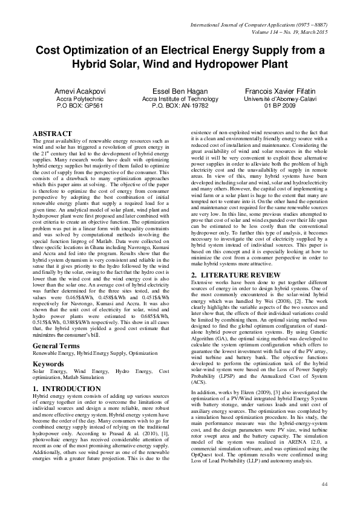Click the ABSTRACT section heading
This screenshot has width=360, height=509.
53,132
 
